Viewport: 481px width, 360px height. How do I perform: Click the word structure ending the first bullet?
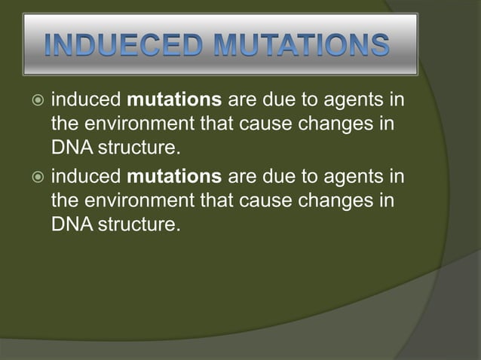click(139, 146)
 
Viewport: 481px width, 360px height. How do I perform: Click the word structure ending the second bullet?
click(139, 224)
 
